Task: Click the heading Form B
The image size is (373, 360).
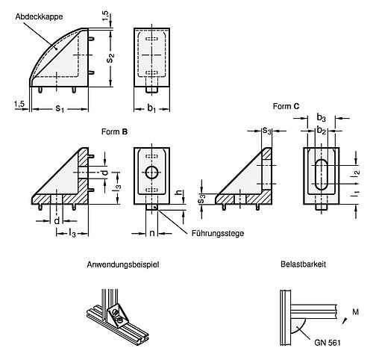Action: pos(114,131)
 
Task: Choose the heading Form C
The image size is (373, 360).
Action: pos(286,107)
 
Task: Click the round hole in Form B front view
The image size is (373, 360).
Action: pos(153,173)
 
